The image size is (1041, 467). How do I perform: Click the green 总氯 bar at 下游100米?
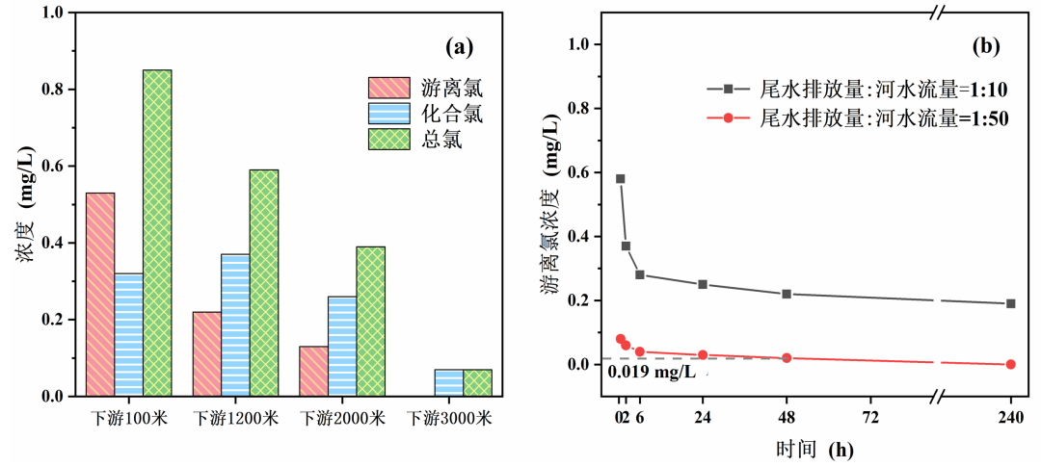point(157,232)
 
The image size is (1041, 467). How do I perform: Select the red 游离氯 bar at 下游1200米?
point(206,353)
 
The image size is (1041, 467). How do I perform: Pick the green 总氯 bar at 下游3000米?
point(477,382)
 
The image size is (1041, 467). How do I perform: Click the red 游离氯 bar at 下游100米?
point(100,294)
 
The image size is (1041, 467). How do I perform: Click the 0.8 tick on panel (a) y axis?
point(54,90)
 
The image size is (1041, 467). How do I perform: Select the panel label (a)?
point(458,45)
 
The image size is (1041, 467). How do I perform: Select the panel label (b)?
point(986,45)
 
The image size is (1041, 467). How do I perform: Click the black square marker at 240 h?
point(1011,303)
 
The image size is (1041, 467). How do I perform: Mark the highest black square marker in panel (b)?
point(620,178)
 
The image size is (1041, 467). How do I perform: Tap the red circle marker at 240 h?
point(1011,364)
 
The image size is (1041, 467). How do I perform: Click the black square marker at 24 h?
point(703,284)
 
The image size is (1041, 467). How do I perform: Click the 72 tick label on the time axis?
point(870,418)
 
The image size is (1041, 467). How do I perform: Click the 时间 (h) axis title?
point(814,449)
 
